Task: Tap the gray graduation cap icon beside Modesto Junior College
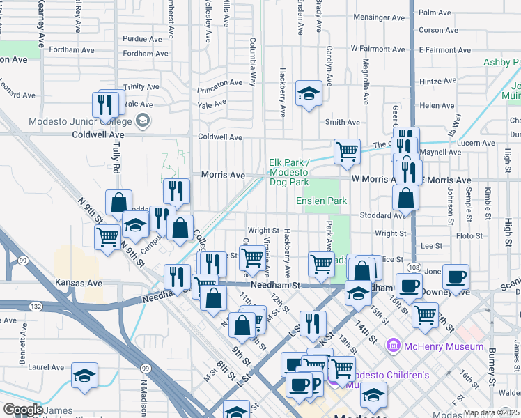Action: coord(143,121)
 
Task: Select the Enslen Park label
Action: coord(321,201)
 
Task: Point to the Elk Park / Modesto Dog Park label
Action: coord(288,172)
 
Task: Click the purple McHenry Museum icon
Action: coord(394,346)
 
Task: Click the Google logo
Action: coord(23,410)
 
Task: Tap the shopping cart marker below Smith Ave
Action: coord(346,150)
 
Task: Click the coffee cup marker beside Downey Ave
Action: coord(456,277)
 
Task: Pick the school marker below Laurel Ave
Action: coord(84,376)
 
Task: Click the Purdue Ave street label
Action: coord(135,39)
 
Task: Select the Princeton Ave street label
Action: coord(219,83)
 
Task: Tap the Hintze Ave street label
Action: coord(437,81)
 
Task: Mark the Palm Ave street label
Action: coord(435,13)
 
